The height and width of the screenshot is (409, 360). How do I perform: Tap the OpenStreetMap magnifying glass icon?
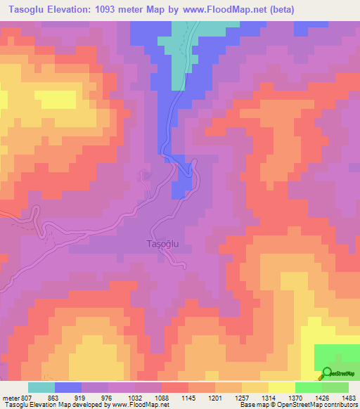click(x=326, y=373)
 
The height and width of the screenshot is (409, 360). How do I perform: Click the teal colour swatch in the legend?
click(x=41, y=387)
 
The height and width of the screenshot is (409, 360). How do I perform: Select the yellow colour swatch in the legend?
click(x=281, y=387)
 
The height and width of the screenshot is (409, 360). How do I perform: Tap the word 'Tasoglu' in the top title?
click(x=21, y=9)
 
